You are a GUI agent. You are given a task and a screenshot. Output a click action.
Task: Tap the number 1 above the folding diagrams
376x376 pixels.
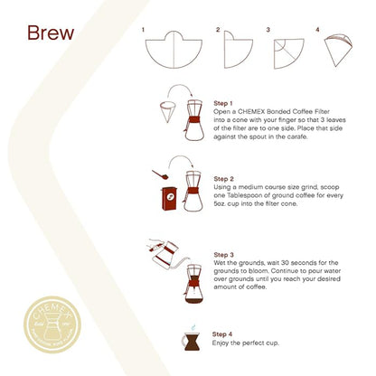tap(144, 30)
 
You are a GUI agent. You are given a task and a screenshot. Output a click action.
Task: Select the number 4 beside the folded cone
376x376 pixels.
tap(318, 30)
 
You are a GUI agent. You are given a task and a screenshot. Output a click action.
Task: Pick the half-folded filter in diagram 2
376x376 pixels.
tap(239, 49)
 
